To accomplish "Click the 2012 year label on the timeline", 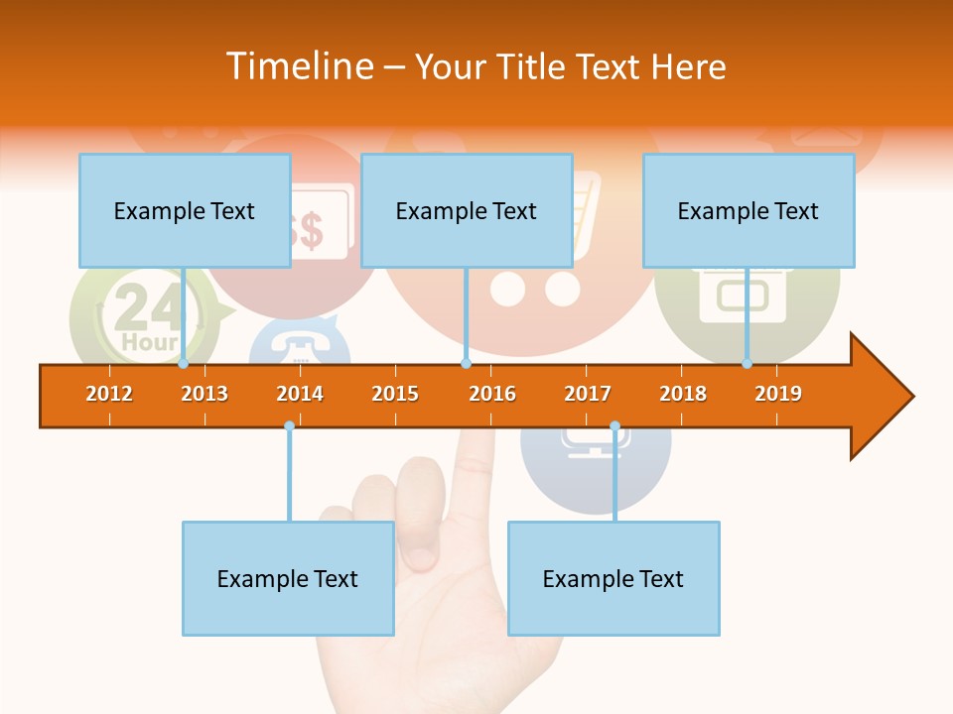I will click(109, 394).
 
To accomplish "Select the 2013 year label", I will click(204, 394).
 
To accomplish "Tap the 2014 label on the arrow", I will click(300, 394).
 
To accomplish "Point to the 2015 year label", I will click(395, 394).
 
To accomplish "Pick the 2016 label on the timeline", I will click(492, 394).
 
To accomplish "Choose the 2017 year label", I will click(588, 394).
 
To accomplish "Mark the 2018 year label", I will click(683, 394).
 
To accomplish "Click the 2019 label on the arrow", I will click(778, 394).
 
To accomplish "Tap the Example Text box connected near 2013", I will click(185, 210).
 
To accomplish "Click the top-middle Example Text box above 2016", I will click(467, 210).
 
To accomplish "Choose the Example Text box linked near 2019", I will click(749, 210).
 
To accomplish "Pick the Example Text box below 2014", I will click(288, 578).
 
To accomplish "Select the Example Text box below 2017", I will click(613, 578).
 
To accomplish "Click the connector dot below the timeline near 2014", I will click(289, 426).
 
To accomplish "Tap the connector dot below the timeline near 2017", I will click(614, 426).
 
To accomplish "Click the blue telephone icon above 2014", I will click(299, 342).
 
